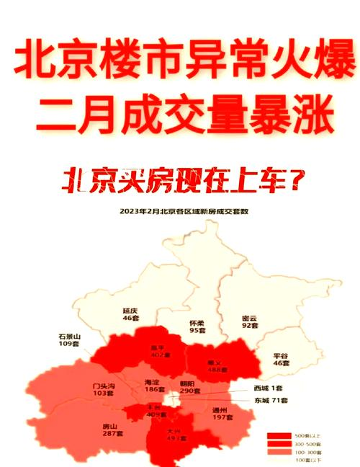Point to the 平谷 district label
282,356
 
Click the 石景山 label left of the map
70,337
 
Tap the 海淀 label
152,382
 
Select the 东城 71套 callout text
271,400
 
